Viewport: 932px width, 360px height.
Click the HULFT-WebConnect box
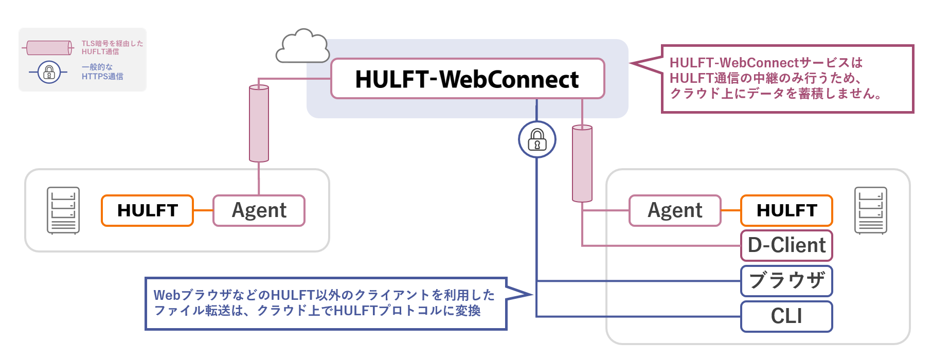point(467,79)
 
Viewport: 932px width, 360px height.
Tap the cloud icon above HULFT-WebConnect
point(302,47)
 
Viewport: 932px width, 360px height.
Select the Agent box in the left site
point(259,210)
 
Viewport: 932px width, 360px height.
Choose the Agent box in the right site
point(675,210)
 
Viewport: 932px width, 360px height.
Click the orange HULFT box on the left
point(147,210)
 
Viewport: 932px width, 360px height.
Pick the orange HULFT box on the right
point(786,210)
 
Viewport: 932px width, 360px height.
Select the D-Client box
point(786,245)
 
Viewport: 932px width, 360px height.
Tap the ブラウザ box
point(786,281)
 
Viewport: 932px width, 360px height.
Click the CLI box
point(786,316)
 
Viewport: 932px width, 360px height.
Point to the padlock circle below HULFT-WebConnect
point(537,139)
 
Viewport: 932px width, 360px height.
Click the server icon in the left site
point(63,210)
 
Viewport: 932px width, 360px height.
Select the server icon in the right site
point(870,210)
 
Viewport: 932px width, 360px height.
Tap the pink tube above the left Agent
point(259,124)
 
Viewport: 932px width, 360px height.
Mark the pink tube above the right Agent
point(582,164)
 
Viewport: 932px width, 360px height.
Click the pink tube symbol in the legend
point(49,48)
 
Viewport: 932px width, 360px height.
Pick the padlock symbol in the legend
point(49,72)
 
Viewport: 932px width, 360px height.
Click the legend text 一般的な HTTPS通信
point(102,71)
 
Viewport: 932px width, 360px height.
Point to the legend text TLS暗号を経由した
point(112,44)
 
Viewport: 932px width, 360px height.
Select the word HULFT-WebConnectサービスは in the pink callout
point(766,63)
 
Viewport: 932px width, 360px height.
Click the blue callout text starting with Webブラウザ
point(324,295)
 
